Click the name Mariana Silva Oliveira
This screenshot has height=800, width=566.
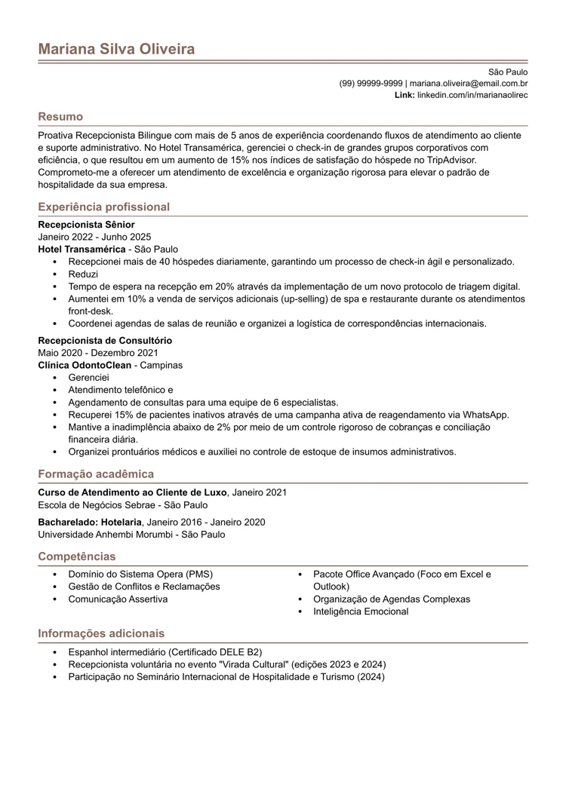pos(116,49)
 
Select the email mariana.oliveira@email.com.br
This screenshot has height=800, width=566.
pos(468,83)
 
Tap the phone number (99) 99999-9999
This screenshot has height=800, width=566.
pos(371,83)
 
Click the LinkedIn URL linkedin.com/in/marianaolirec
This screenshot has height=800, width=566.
pos(472,95)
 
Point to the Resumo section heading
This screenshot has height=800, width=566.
pos(60,117)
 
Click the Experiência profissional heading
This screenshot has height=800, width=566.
pos(103,207)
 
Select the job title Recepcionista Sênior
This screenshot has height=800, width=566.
pos(86,225)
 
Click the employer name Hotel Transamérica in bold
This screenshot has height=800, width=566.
pos(82,249)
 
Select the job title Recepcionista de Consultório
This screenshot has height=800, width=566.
pos(103,341)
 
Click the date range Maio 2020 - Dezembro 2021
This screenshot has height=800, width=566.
pos(98,353)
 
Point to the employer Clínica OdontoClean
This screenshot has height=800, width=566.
pos(85,365)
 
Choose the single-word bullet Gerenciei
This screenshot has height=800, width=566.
pos(88,377)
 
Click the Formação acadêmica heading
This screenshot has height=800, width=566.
pos(96,474)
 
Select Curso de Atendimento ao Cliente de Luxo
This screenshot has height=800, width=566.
pos(133,492)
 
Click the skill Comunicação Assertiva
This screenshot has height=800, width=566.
pos(118,599)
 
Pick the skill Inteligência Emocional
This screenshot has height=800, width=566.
pos(361,611)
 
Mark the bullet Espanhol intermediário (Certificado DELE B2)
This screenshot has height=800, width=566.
pos(165,651)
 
